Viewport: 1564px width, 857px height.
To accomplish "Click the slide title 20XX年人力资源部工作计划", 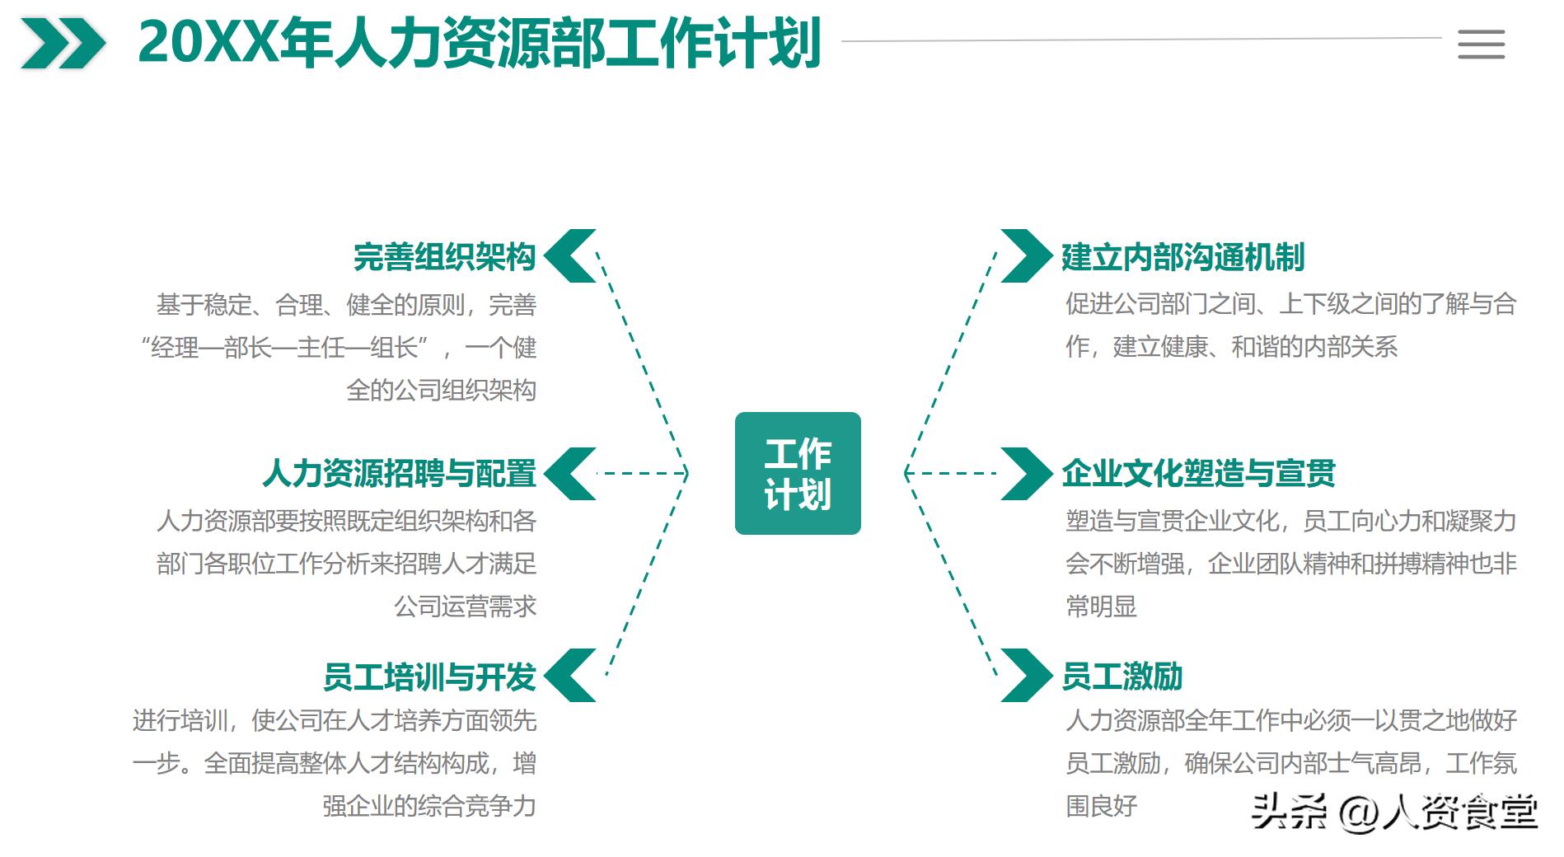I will [x=480, y=43].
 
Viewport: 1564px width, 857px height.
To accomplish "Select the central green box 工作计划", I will [x=798, y=474].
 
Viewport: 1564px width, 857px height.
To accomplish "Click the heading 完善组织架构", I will [x=444, y=257].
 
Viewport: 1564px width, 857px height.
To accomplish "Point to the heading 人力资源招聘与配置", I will [x=400, y=474].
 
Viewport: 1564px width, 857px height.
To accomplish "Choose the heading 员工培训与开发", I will [x=429, y=677].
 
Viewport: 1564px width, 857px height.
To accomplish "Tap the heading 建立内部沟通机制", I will [x=1182, y=257].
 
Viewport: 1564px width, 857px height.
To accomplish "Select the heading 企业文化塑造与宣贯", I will [x=1198, y=474].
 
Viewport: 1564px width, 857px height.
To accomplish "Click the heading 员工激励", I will [x=1121, y=677].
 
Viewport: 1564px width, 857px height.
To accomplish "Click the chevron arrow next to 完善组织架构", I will [x=570, y=256].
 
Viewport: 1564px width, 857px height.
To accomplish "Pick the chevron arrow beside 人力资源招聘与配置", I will [x=570, y=474].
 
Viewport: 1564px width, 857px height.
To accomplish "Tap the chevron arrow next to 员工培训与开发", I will [x=570, y=676].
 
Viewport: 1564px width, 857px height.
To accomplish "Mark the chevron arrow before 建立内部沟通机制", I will [x=1026, y=256].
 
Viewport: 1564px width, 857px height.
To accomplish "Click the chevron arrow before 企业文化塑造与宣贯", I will [x=1026, y=474].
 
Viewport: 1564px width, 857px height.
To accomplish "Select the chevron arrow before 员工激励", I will [x=1026, y=676].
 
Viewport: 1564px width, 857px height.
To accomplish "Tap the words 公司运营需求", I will [x=465, y=606].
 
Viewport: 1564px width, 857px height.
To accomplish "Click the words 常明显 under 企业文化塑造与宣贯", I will [x=1101, y=606].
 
